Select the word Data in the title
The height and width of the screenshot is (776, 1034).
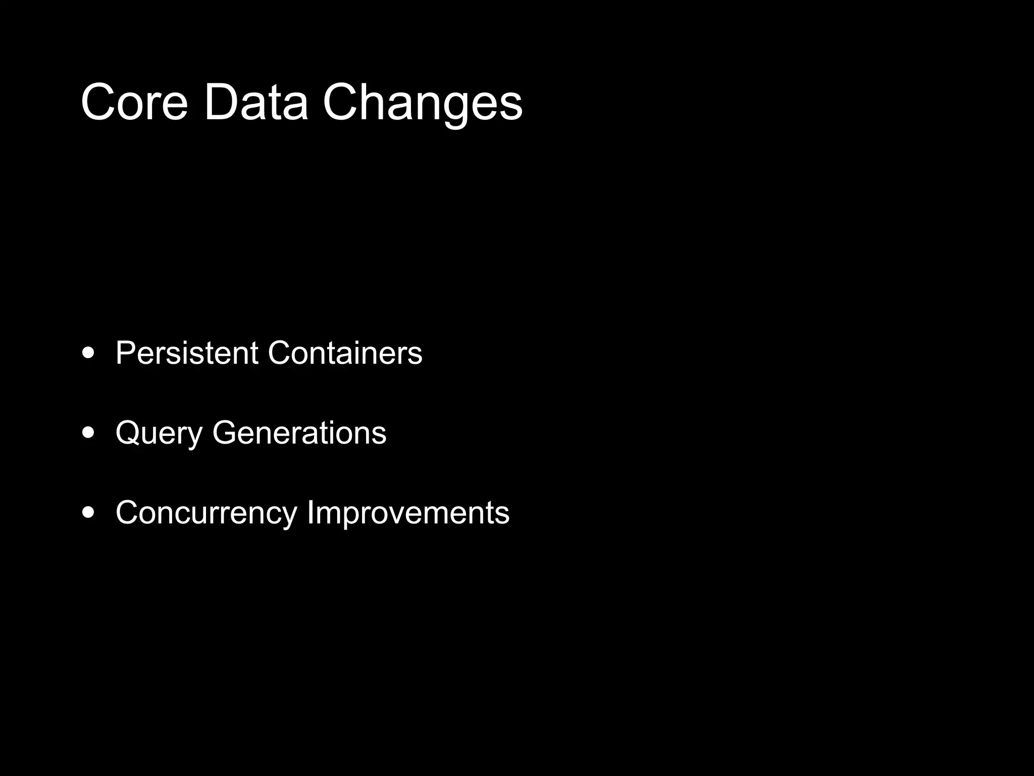pos(255,103)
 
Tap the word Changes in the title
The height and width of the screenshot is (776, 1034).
pos(423,103)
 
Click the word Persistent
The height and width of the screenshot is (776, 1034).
pos(187,353)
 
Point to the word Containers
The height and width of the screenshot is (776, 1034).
pos(345,353)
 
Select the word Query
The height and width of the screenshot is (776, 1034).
pos(159,433)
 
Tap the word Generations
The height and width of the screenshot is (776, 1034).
pos(299,433)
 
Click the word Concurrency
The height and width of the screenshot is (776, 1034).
pos(206,513)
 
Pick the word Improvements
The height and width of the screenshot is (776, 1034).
pos(408,513)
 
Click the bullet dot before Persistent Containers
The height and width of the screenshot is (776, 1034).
pos(88,353)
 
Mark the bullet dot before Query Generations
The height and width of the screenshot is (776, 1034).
pos(88,433)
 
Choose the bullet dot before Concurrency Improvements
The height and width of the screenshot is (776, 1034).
pos(88,513)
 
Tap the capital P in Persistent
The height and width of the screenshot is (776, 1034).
pos(126,353)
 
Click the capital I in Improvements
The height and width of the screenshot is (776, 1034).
pos(311,513)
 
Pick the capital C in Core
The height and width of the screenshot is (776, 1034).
pos(99,103)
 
